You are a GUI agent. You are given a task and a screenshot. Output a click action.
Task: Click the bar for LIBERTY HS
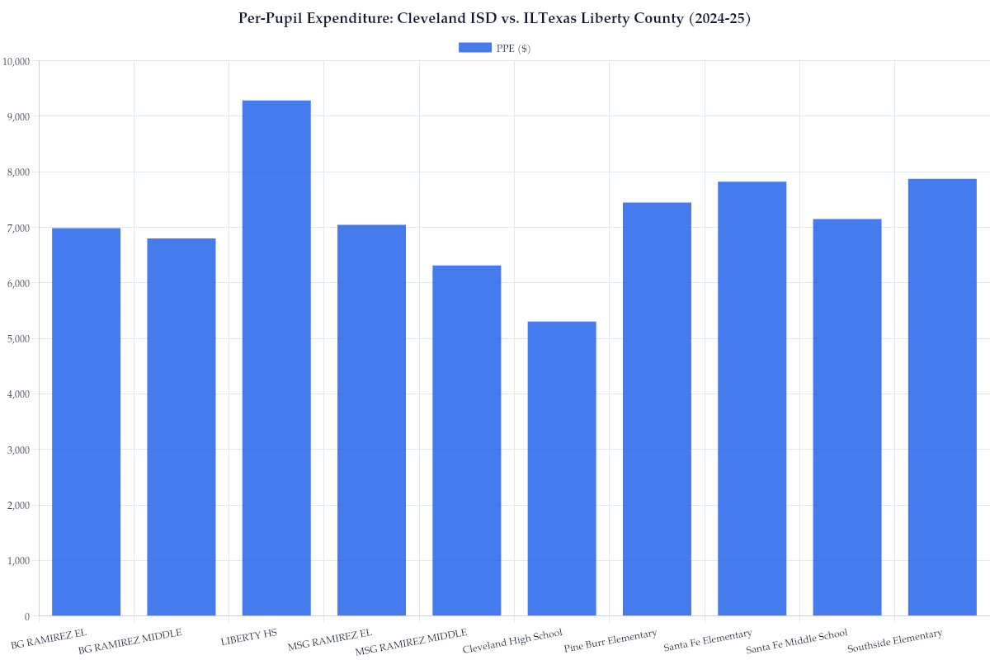point(276,358)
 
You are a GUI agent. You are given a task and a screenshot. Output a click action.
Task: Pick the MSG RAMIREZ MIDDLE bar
point(467,441)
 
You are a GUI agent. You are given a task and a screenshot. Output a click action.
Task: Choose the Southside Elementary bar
point(942,397)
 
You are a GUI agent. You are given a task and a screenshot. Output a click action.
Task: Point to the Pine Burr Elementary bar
point(657,409)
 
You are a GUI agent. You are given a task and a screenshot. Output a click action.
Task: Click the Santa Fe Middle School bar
point(847,417)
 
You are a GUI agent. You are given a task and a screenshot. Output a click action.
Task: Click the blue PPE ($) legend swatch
point(474,48)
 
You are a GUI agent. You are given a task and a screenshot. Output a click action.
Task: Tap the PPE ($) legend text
point(513,49)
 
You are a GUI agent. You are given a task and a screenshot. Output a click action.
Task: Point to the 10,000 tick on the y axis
point(16,61)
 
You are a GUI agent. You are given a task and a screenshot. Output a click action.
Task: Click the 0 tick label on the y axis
point(26,616)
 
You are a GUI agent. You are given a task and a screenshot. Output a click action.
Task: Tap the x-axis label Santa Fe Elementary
point(708,640)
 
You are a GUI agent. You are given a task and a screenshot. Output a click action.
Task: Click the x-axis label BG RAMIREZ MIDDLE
point(130,641)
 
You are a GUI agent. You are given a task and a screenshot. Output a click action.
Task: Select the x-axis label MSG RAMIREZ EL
point(329,639)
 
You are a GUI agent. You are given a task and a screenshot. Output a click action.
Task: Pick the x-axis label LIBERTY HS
point(248,638)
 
